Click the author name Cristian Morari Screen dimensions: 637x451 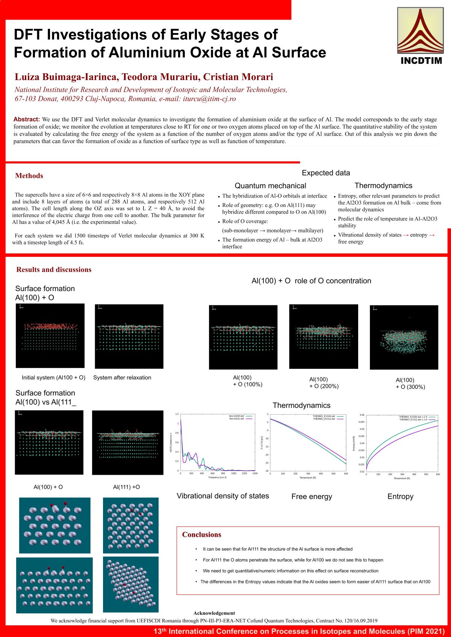coord(238,77)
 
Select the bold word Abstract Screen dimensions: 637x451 coord(27,119)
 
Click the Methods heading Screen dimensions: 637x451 coord(29,176)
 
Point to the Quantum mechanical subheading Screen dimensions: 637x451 coord(270,186)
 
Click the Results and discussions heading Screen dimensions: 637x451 coord(54,270)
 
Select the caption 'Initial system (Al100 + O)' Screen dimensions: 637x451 coord(53,377)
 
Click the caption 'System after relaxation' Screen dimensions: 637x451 coord(122,377)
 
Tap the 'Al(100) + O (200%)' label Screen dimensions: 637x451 coord(324,383)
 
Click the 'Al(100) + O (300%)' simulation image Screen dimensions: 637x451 coord(404,337)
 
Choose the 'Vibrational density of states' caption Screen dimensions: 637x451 coord(223,496)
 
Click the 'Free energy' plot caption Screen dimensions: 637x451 coord(312,497)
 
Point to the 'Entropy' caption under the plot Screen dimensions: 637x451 coord(400,497)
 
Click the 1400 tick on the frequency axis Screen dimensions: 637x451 coord(255,474)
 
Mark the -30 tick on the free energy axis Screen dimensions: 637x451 coord(267,471)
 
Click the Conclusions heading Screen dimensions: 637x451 coord(201,534)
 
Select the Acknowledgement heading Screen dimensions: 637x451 coord(214,613)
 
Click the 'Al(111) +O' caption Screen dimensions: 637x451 coord(126,487)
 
